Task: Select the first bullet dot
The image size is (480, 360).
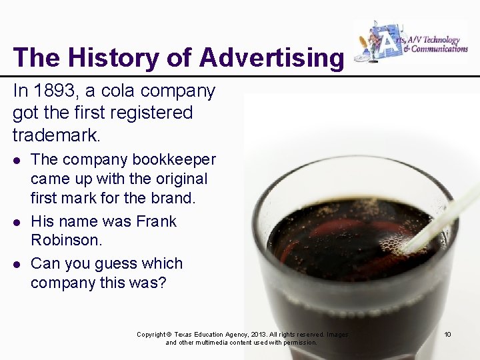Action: coord(17,161)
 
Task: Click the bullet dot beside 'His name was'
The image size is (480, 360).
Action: coord(17,221)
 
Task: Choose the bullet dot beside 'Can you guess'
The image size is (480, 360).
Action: coord(17,264)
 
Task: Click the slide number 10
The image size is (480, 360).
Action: coord(447,334)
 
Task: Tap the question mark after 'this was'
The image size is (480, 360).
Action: coord(162,283)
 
